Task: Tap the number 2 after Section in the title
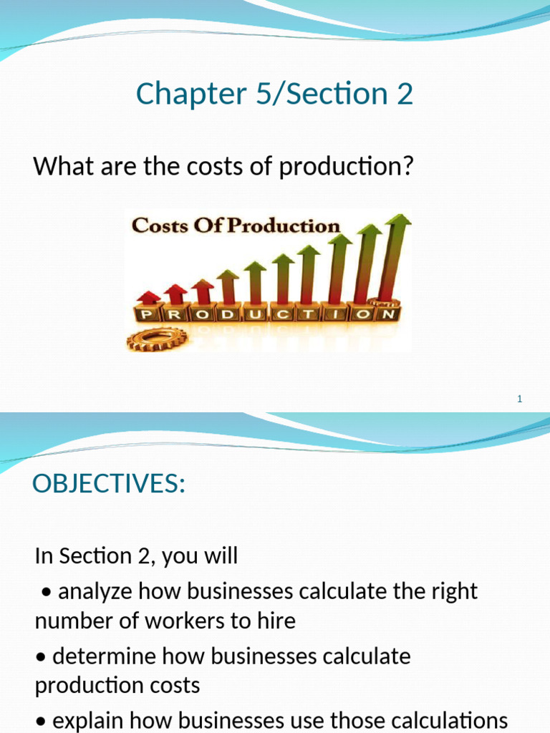coord(405,94)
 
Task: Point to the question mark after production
coord(409,167)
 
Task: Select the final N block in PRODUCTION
coord(387,314)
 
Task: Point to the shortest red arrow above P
coord(148,296)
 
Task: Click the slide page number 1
coord(520,399)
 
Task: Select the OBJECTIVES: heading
coord(109,484)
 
